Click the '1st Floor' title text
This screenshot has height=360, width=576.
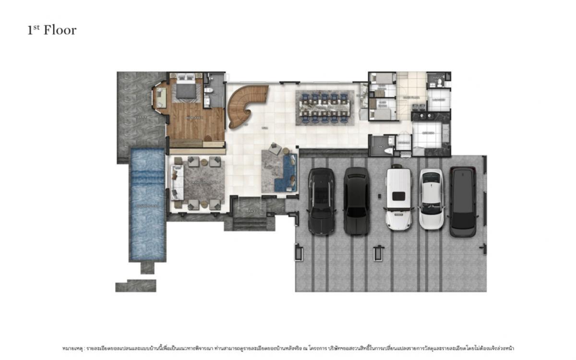pyautogui.click(x=52, y=30)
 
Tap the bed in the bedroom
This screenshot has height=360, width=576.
pyautogui.click(x=185, y=89)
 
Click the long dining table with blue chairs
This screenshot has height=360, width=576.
pyautogui.click(x=324, y=108)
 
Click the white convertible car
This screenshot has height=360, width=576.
pyautogui.click(x=431, y=198)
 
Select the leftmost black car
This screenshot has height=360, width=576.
pyautogui.click(x=321, y=201)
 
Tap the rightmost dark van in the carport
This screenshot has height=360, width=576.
pyautogui.click(x=463, y=201)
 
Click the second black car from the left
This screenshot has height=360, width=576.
pyautogui.click(x=356, y=201)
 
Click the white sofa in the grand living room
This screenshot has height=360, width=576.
pyautogui.click(x=176, y=183)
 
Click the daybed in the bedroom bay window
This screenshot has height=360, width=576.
pyautogui.click(x=160, y=98)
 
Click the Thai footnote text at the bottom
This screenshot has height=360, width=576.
pyautogui.click(x=288, y=348)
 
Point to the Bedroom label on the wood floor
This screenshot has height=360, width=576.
pyautogui.click(x=195, y=117)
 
